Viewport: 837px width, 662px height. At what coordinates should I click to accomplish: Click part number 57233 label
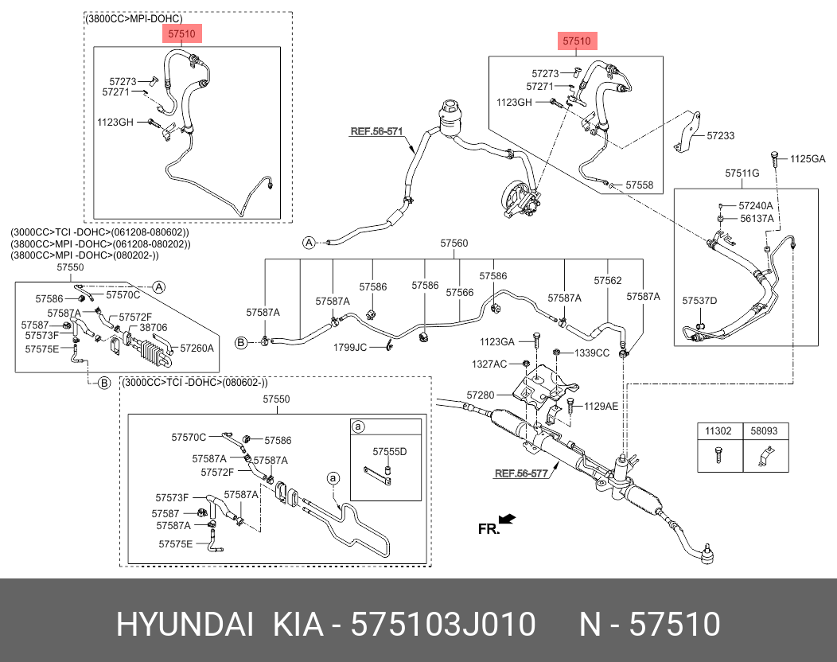tap(720, 136)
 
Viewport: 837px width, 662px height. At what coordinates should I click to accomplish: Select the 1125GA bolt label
tap(808, 159)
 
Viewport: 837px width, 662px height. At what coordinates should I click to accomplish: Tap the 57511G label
tap(742, 173)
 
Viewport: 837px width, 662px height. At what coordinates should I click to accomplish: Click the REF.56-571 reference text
tap(376, 132)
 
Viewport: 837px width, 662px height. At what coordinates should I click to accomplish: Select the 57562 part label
tap(608, 280)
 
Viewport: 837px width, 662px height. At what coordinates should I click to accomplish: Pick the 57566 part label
tap(460, 293)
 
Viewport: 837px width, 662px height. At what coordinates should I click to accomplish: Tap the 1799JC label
tap(350, 347)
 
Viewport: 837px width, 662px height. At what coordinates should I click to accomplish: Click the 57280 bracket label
tap(481, 395)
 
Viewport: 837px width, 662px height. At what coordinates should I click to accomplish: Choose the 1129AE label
tap(601, 406)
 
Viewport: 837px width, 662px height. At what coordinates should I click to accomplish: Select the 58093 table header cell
tap(764, 430)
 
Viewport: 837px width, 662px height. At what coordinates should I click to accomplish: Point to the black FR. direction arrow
tap(507, 520)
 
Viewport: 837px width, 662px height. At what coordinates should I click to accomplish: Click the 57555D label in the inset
tap(390, 451)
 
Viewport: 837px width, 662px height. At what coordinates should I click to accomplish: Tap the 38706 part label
tap(153, 327)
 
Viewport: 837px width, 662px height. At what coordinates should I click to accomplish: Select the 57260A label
tap(197, 348)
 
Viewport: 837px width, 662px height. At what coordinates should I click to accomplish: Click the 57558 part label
tap(639, 185)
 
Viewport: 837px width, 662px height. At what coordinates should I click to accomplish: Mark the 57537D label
tap(699, 300)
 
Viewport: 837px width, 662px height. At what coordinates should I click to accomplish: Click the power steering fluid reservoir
tap(450, 116)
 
